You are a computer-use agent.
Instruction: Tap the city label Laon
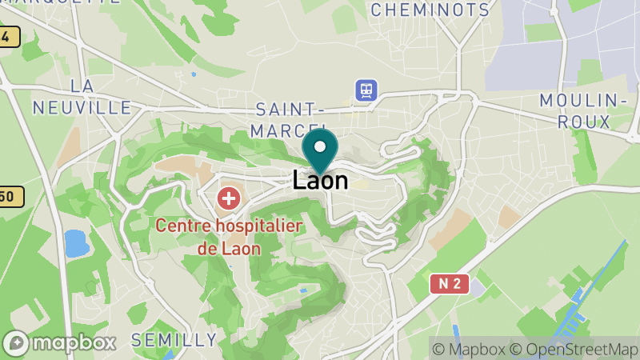point(320,180)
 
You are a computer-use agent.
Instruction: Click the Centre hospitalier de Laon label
point(229,236)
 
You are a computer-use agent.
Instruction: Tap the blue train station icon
point(366,90)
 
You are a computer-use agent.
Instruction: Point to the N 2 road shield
point(449,283)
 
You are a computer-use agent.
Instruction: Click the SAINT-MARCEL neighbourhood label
point(289,119)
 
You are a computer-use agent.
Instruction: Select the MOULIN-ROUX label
point(582,111)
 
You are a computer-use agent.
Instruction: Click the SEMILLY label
point(174,340)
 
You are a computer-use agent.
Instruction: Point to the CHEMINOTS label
point(430,10)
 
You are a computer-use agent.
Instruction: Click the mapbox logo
point(60,342)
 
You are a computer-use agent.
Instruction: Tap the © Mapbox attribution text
point(469,349)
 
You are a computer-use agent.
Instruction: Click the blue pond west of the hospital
point(77,242)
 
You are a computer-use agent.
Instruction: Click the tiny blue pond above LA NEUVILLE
point(194,74)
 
